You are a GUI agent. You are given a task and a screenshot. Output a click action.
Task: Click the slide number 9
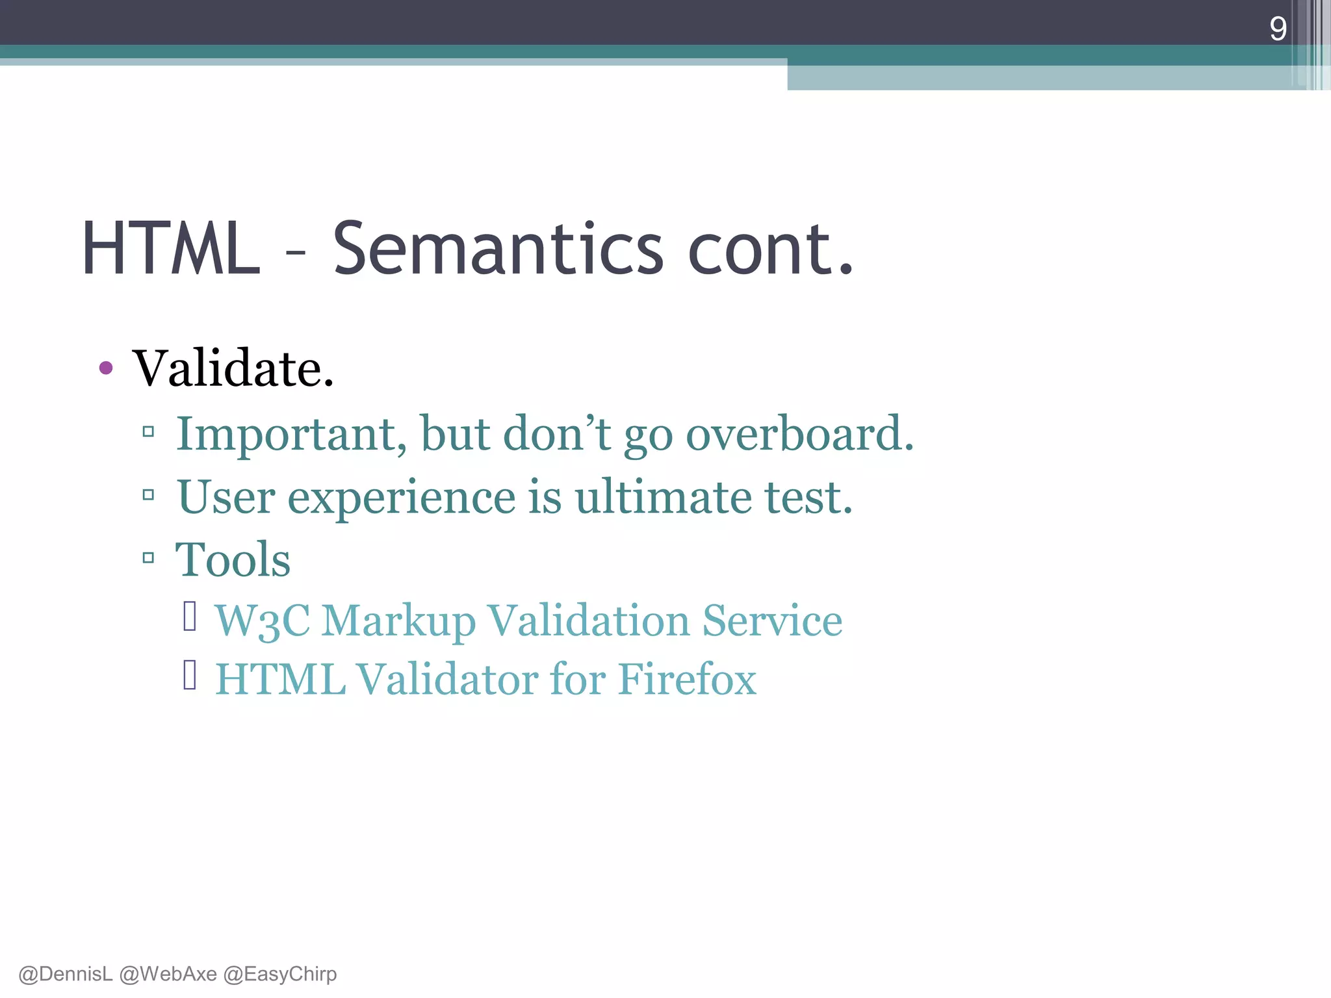coord(1278,29)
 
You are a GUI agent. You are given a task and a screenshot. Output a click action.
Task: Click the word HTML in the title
coord(171,249)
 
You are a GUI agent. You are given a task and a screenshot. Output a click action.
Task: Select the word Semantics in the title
coord(498,249)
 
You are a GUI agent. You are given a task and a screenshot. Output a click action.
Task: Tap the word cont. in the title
coord(769,249)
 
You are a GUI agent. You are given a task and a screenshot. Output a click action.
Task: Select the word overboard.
coord(799,434)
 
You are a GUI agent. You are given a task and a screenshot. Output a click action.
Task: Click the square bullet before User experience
coord(148,495)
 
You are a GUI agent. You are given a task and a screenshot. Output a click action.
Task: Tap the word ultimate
coord(663,497)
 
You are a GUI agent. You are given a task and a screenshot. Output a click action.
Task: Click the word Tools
coord(233,560)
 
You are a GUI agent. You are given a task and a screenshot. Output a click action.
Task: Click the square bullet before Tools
coord(148,557)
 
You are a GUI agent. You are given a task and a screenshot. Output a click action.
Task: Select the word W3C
coord(262,621)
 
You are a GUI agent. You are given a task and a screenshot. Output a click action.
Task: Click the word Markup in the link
coord(398,621)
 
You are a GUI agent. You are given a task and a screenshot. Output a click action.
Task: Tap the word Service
coord(772,621)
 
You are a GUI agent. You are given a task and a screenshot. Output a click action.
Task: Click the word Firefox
coord(687,680)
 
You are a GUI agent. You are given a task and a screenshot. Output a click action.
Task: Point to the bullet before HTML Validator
coord(190,675)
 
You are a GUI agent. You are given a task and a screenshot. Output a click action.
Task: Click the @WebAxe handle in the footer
coord(168,974)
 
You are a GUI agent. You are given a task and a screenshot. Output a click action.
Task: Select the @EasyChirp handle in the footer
coord(280,974)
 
